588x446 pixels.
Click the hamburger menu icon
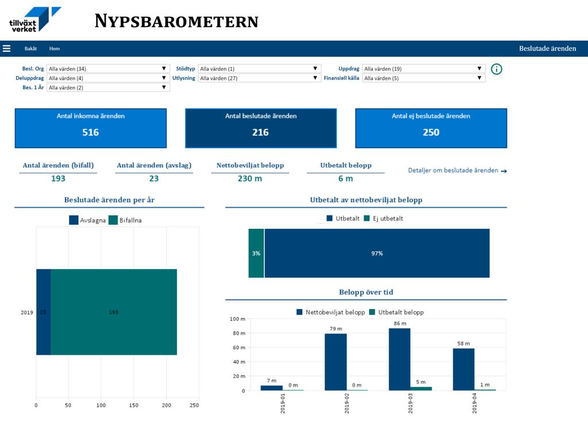tap(6, 48)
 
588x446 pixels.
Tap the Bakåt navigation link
tap(30, 48)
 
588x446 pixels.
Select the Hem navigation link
tap(55, 48)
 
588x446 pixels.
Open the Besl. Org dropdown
tap(108, 68)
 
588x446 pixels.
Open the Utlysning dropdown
tap(259, 78)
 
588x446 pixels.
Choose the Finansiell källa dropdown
tap(424, 78)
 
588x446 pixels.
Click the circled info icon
tap(497, 69)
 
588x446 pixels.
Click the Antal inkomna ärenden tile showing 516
tap(91, 128)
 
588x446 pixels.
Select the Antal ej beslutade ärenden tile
tap(431, 128)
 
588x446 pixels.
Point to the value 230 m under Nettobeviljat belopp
tap(250, 179)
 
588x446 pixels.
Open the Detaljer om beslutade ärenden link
tap(457, 170)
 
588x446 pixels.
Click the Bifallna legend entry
tap(125, 220)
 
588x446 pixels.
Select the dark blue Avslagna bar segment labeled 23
tap(44, 312)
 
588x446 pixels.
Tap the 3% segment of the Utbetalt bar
tap(256, 253)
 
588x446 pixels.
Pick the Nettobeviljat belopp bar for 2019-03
tap(399, 359)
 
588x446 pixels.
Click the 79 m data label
tap(336, 329)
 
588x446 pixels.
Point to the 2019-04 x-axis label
tap(474, 403)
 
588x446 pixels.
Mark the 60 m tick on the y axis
tap(239, 347)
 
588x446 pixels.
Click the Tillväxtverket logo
tap(35, 20)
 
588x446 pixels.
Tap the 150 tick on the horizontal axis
tap(133, 405)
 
